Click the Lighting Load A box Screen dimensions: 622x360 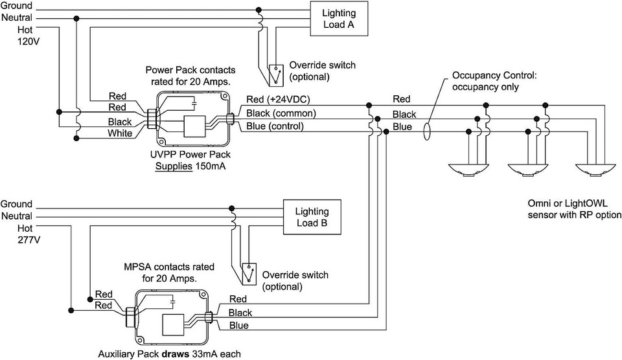[x=339, y=19]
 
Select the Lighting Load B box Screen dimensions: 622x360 [x=312, y=217]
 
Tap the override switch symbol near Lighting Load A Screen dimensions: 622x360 [x=276, y=75]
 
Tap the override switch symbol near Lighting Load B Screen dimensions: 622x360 [x=249, y=274]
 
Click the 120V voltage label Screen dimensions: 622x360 [x=29, y=41]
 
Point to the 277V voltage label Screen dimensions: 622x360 [x=29, y=240]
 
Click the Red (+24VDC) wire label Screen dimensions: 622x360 [x=278, y=99]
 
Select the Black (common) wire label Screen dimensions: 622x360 [x=281, y=113]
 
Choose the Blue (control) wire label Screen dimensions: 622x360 [x=275, y=126]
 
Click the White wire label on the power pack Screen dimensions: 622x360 [x=120, y=133]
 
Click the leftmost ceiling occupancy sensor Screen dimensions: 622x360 [x=468, y=170]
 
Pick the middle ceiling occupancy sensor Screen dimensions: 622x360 [x=527, y=170]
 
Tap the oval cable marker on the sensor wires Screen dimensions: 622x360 [x=426, y=131]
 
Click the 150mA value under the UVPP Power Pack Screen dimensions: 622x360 [x=210, y=166]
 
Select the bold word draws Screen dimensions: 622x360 [x=176, y=354]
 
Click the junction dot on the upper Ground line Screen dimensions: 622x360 [x=259, y=10]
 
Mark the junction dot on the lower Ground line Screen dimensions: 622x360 [x=232, y=208]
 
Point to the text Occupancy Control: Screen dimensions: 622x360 [x=494, y=75]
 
